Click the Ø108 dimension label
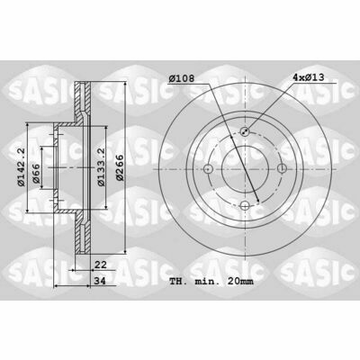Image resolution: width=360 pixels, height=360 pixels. [182, 78]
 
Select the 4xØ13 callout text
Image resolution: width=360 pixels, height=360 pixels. [309, 77]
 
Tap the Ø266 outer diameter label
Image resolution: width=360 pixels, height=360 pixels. [120, 167]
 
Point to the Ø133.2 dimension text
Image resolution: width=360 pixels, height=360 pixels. [102, 167]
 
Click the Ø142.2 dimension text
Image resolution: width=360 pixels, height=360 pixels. [22, 167]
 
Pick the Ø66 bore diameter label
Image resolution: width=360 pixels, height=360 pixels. [36, 174]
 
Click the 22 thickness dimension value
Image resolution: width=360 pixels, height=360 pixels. [101, 265]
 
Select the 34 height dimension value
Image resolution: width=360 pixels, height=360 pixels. [101, 281]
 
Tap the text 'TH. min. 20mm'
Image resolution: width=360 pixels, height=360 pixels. [211, 282]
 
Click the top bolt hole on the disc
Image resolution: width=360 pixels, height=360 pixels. [245, 131]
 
